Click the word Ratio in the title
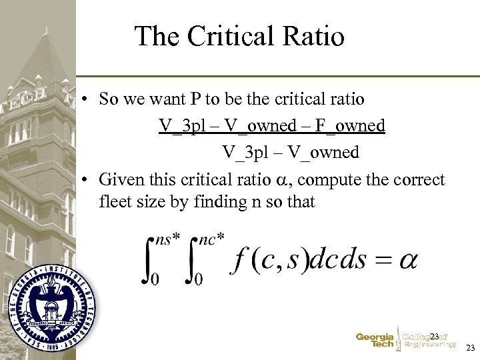tap(319, 36)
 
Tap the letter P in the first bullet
tap(195, 99)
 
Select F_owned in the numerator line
tap(351, 125)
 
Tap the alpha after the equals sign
tap(407, 259)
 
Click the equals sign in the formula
tap(382, 260)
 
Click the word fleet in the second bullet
tap(115, 201)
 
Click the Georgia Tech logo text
tap(375, 340)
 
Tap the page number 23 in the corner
tap(470, 347)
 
